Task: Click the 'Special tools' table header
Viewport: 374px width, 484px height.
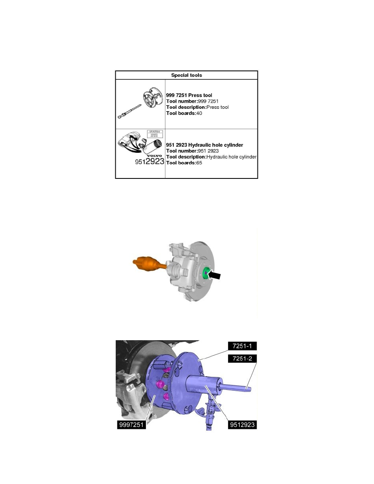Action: (x=187, y=75)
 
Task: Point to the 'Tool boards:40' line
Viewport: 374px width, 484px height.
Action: (x=184, y=113)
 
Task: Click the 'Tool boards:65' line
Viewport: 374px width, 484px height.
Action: (x=184, y=163)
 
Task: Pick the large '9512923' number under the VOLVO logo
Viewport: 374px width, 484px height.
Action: (x=149, y=161)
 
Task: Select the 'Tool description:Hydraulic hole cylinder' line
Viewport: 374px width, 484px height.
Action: (x=211, y=157)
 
